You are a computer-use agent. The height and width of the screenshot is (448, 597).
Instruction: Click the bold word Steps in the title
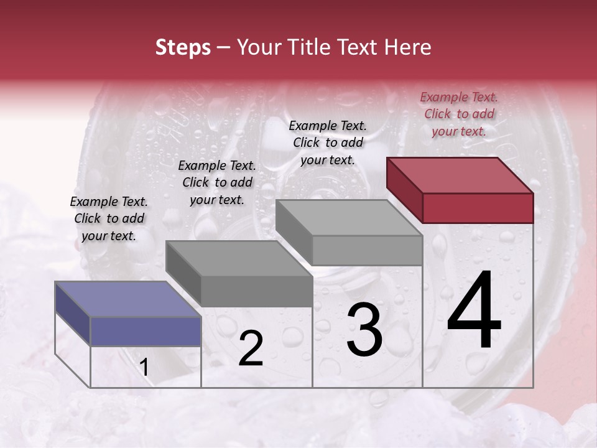click(183, 47)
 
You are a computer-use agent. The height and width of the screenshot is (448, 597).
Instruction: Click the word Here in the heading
click(407, 47)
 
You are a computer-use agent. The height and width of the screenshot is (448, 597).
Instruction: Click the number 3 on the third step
click(364, 330)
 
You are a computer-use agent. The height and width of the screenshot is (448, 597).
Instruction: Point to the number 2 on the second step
click(251, 349)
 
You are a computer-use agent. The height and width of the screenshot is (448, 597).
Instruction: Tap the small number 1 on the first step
click(144, 368)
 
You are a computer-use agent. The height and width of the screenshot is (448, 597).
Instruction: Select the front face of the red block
click(478, 208)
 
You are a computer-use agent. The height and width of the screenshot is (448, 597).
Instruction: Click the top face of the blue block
click(127, 299)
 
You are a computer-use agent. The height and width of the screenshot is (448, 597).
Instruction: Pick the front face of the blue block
click(146, 331)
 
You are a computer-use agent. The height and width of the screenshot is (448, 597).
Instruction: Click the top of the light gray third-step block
click(349, 218)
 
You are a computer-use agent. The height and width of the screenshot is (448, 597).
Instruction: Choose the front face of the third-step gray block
click(367, 250)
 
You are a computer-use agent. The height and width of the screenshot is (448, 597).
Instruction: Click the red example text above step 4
click(459, 114)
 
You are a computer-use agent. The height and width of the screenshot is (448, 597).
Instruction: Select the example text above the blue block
click(109, 218)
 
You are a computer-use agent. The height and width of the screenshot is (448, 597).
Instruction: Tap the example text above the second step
click(217, 182)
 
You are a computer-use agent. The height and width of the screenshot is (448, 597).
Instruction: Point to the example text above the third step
click(328, 142)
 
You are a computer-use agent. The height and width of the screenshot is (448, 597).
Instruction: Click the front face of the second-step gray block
click(256, 291)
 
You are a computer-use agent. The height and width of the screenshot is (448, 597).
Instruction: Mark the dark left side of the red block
click(404, 190)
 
